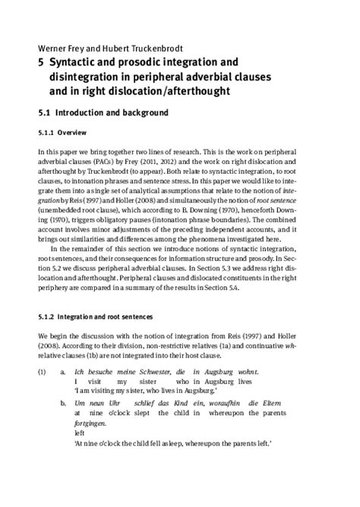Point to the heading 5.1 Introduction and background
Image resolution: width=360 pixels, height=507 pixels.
coord(103,113)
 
